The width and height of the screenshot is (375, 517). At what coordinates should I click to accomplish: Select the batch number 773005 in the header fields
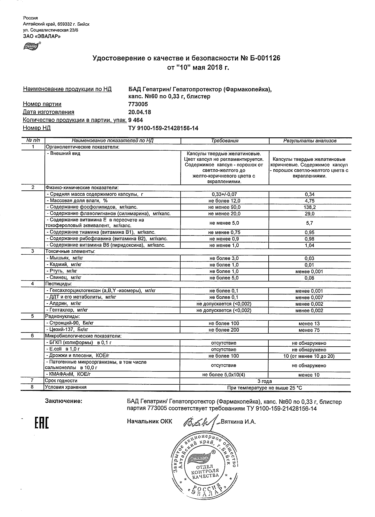coord(138,104)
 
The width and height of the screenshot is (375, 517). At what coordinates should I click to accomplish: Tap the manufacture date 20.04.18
coord(140,112)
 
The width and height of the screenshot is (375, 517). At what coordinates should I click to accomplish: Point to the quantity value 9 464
coord(136,120)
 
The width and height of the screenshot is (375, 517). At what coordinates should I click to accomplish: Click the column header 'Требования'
coord(225,141)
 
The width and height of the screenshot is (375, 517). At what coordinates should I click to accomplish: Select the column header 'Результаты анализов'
coord(310,141)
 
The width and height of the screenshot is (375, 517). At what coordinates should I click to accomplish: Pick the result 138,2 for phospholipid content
coord(310,207)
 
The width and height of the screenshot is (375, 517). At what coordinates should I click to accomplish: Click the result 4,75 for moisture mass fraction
coord(310,201)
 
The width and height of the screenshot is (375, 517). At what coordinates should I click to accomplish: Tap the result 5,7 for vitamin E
coord(310,223)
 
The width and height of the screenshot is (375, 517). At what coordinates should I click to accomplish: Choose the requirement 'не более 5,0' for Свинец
coord(224,278)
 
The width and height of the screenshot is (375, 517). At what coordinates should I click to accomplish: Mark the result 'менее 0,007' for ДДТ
coord(309,297)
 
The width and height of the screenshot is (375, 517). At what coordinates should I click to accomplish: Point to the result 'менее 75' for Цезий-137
coord(309,330)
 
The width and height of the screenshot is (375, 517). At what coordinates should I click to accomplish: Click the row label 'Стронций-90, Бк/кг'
coord(70,323)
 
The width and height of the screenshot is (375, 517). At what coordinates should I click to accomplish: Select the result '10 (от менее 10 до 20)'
coord(309,356)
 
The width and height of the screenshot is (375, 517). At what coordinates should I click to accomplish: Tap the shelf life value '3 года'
coord(265,381)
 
